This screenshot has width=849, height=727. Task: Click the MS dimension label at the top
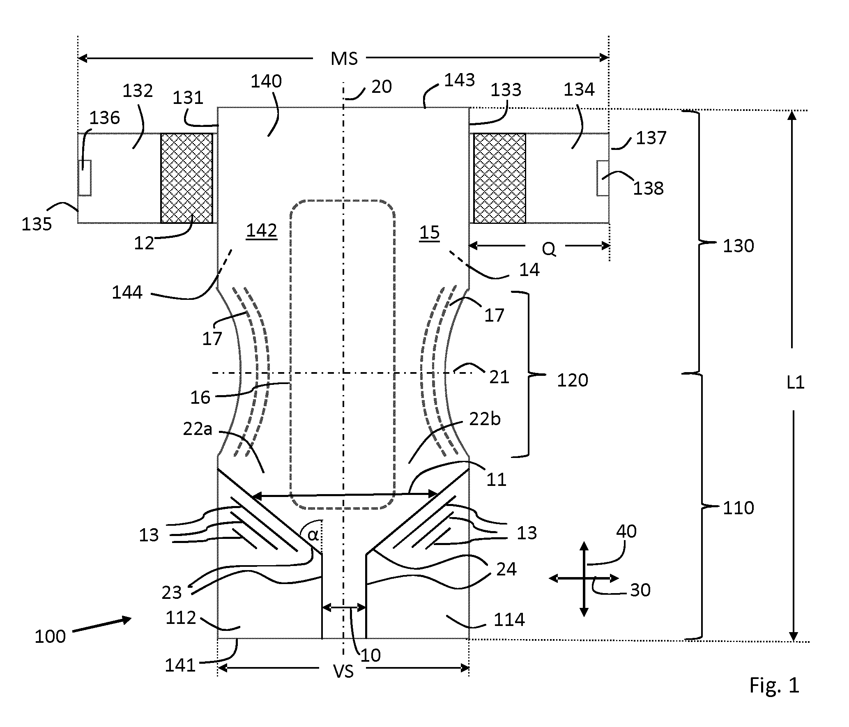[x=344, y=59]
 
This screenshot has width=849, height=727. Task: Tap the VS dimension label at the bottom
[x=343, y=672]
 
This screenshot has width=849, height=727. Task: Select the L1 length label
[x=795, y=383]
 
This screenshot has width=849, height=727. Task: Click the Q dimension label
[x=549, y=249]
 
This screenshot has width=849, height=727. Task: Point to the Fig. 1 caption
[x=774, y=685]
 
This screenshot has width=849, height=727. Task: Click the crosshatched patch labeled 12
[x=187, y=178]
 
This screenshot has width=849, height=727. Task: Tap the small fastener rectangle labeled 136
[x=85, y=177]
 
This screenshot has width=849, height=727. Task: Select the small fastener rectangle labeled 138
[x=603, y=178]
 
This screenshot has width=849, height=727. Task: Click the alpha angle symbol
[x=313, y=535]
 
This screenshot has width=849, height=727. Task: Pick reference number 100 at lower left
[x=50, y=636]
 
